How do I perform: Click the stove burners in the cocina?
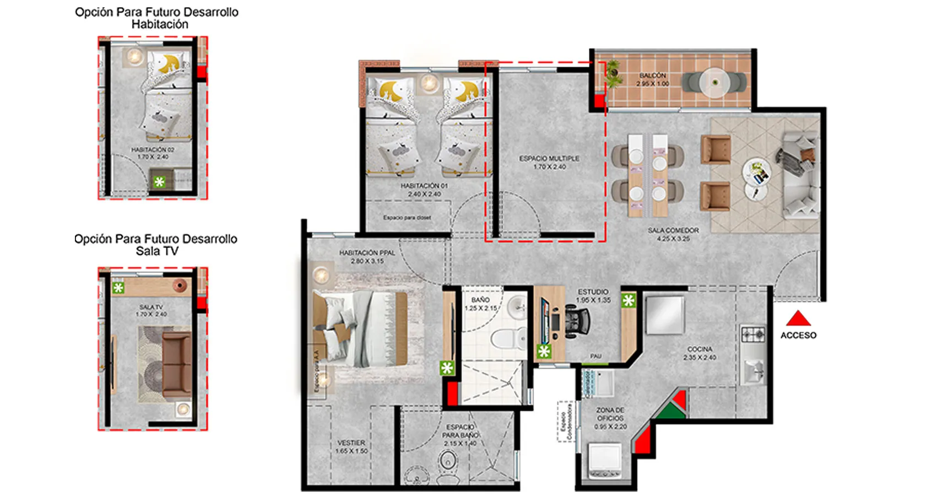752,334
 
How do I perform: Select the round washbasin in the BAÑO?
517,307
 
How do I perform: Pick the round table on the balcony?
715,83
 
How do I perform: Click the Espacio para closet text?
407,217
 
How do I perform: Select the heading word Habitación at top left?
160,24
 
